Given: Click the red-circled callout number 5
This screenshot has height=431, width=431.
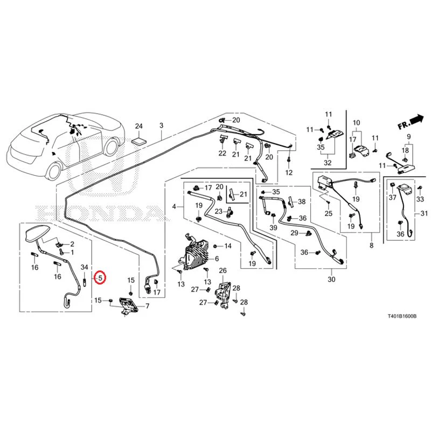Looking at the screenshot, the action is pos(100,278).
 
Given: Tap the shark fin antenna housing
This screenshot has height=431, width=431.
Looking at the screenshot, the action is pos(37,233).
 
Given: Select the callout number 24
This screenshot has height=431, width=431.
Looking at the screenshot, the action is pos(138,126).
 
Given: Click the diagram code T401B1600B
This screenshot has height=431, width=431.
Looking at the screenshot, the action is pos(402,316).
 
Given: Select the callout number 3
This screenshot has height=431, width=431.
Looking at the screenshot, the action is pos(161,126).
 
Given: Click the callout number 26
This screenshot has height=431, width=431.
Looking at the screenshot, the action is pos(223,271).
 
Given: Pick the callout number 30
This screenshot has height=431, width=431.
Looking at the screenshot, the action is pos(331,279).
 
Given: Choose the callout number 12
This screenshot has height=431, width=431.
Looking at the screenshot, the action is pos(289,172).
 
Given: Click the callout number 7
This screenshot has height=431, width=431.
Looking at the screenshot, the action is pos(147,306).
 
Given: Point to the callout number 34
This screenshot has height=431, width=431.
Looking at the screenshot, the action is pos(85,267).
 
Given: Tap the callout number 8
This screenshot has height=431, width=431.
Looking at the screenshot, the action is pos(372,245).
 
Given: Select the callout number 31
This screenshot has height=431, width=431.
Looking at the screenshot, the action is pos(424,213).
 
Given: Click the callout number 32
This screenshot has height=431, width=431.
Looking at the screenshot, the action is pos(328,163).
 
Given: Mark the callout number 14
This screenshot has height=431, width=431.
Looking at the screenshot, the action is pos(228,246).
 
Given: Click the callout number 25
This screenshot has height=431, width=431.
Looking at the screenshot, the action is pos(329,213).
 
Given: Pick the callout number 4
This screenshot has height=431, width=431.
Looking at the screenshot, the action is pos(174,206).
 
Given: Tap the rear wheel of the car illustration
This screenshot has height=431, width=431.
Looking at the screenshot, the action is pos(55,170).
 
